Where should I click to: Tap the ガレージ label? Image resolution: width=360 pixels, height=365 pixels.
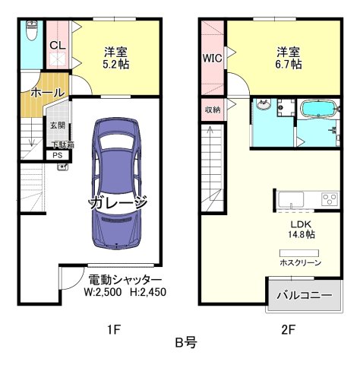(x=117, y=204)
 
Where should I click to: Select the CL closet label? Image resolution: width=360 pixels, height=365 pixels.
(x=57, y=45)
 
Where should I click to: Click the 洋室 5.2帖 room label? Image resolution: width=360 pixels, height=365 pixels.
(x=116, y=58)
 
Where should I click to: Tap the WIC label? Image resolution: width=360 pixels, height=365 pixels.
(x=212, y=58)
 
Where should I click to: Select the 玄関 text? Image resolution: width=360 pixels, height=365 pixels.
(x=58, y=124)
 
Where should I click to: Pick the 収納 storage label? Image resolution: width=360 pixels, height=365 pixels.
(x=212, y=109)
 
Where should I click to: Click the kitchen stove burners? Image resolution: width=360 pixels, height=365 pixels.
(x=330, y=200)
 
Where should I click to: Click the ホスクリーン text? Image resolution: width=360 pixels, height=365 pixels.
(x=300, y=262)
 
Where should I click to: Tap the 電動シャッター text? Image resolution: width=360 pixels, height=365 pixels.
(x=125, y=279)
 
